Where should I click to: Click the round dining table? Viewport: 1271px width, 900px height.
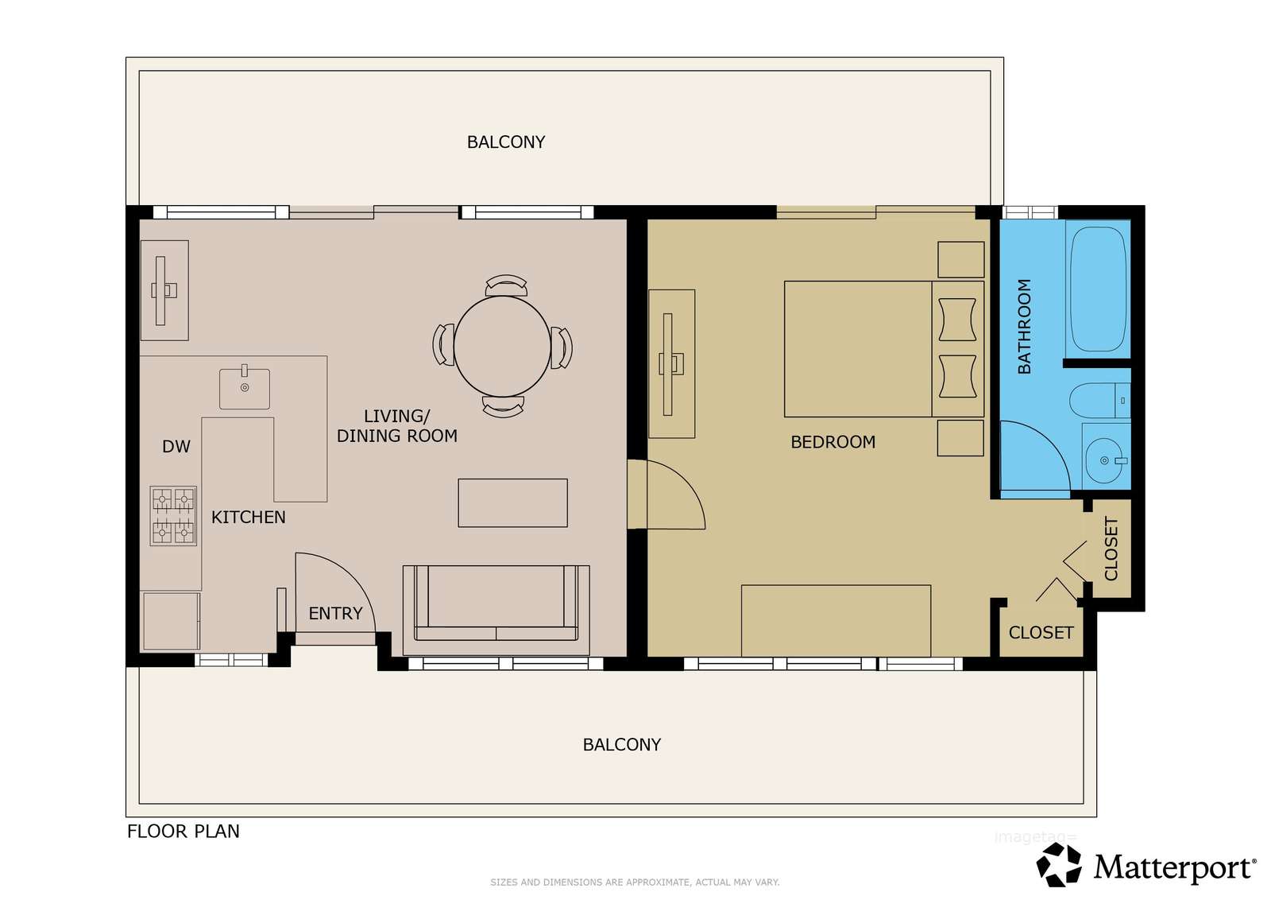click(x=502, y=347)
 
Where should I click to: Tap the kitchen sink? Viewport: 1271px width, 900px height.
click(x=245, y=388)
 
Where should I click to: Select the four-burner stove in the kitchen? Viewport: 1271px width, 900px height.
click(x=173, y=515)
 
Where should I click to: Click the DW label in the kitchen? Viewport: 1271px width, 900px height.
click(x=176, y=447)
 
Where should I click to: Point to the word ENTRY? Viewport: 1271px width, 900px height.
click(x=335, y=613)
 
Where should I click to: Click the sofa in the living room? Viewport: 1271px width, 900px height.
click(x=496, y=610)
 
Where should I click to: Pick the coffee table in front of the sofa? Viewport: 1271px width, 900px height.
click(x=513, y=502)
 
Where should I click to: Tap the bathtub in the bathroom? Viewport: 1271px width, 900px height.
click(x=1098, y=289)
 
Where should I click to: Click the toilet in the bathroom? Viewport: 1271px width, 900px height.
click(x=1100, y=401)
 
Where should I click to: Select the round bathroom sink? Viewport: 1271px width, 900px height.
click(x=1106, y=459)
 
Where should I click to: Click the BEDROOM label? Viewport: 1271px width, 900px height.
click(x=833, y=442)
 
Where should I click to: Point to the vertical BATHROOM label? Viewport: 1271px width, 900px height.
click(x=1024, y=326)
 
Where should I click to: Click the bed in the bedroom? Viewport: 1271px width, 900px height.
click(x=884, y=349)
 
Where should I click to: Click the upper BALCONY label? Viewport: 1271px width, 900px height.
click(x=506, y=142)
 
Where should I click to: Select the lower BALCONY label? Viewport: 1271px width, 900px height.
click(x=622, y=744)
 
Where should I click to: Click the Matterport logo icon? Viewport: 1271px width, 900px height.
click(x=1059, y=864)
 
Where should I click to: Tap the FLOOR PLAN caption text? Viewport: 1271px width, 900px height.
click(x=184, y=832)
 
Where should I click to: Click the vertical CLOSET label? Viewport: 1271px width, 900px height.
click(x=1111, y=549)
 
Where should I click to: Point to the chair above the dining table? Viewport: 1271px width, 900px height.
click(x=506, y=285)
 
